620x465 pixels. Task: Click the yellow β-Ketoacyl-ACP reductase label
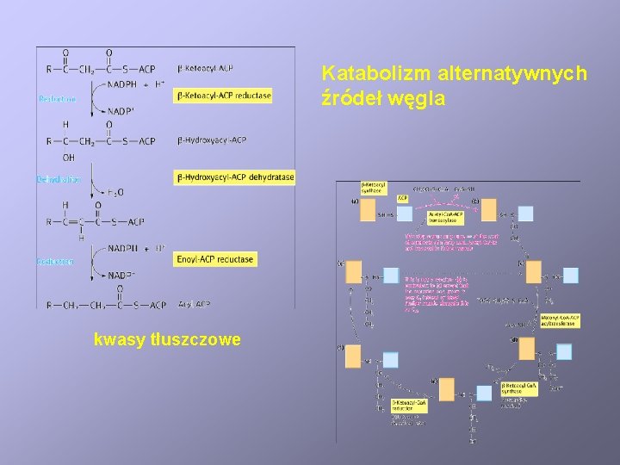pos(224,96)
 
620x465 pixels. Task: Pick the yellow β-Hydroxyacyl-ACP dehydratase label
pos(234,177)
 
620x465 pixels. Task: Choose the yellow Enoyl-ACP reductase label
pos(215,259)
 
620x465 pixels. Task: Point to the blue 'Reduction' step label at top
pos(57,100)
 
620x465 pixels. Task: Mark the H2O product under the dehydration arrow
pos(115,192)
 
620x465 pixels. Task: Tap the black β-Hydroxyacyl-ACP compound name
pos(211,139)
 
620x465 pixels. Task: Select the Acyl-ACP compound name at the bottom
pos(194,304)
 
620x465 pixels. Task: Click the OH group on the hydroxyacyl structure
pos(69,158)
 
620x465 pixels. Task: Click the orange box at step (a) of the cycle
pos(368,210)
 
